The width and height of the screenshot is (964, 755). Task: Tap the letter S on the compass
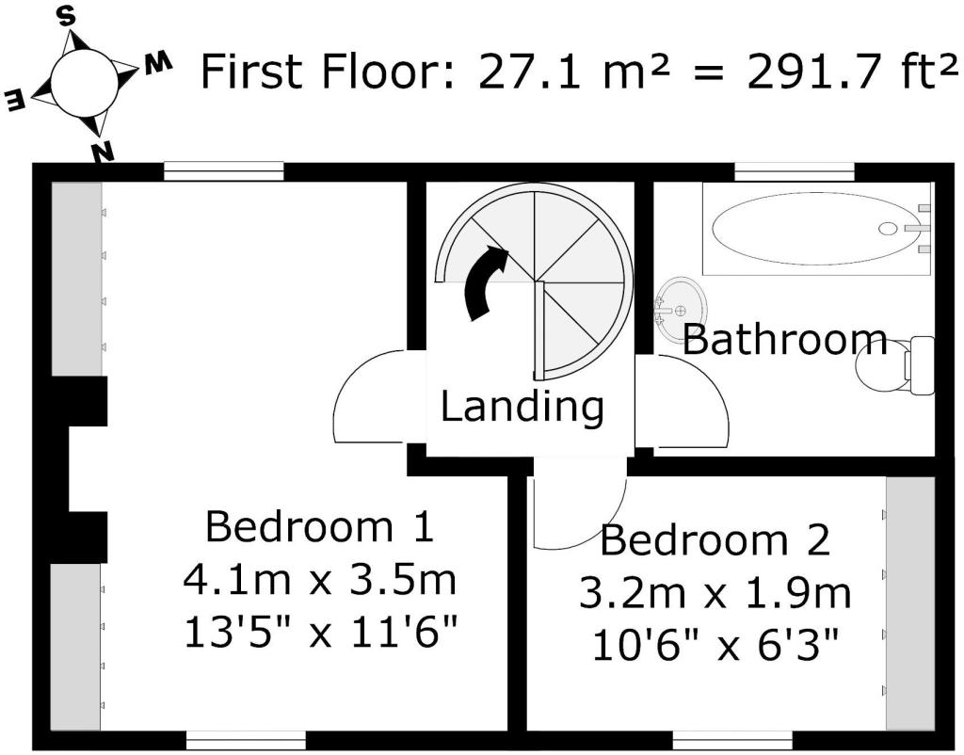(67, 18)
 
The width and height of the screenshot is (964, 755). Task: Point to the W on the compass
(157, 63)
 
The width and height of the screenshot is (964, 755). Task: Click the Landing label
(522, 407)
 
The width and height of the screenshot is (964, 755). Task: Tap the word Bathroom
(785, 340)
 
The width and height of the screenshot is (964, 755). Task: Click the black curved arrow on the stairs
(486, 282)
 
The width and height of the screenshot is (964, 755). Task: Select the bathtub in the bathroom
(818, 228)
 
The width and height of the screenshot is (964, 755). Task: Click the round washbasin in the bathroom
(681, 308)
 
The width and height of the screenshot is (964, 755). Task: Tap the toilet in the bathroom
(896, 366)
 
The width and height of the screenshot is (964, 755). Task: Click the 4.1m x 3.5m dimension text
(320, 580)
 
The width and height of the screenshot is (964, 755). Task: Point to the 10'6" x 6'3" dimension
(715, 645)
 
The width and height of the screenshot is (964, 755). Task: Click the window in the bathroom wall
(795, 171)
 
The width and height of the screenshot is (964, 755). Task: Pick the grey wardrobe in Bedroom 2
(910, 603)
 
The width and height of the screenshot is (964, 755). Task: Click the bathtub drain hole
(887, 229)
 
